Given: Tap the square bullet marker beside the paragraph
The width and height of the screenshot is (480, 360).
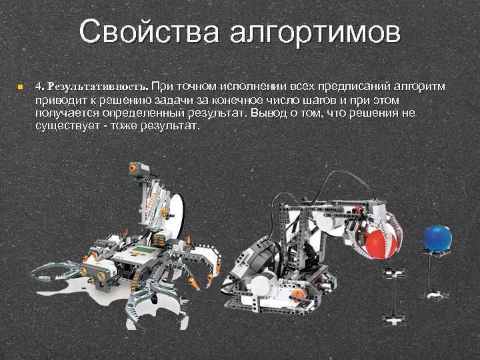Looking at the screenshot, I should click(x=21, y=87).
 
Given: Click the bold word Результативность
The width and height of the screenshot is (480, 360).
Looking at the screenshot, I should click(x=97, y=87).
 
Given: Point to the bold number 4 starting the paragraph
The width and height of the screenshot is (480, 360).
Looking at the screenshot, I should click(x=39, y=87).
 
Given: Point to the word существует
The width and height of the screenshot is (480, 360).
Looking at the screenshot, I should click(x=66, y=125).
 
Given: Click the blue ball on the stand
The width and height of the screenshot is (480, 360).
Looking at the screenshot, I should click(x=437, y=239).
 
